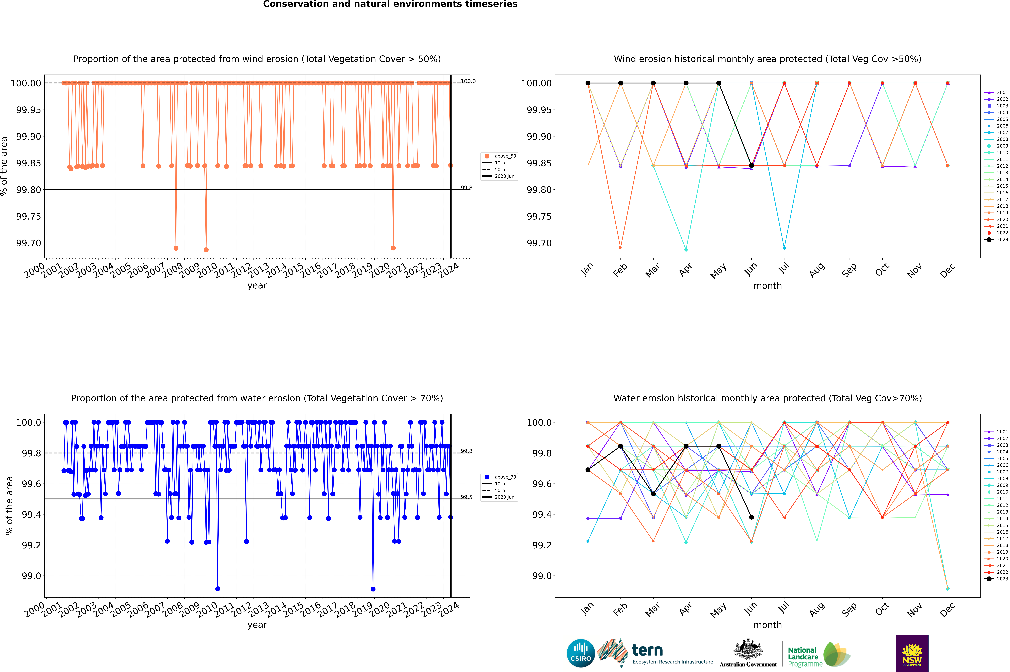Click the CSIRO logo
tap(581, 653)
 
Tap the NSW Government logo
tap(912, 653)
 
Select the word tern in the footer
tap(647, 651)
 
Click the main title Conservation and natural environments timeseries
tap(390, 4)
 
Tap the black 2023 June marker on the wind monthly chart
tap(751, 165)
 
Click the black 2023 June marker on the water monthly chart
tap(751, 517)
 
